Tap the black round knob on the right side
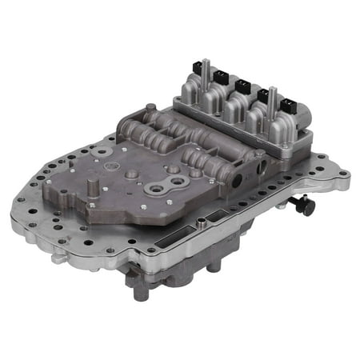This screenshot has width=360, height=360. pos(308,206)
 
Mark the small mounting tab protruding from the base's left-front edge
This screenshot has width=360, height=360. pos(58,258)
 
